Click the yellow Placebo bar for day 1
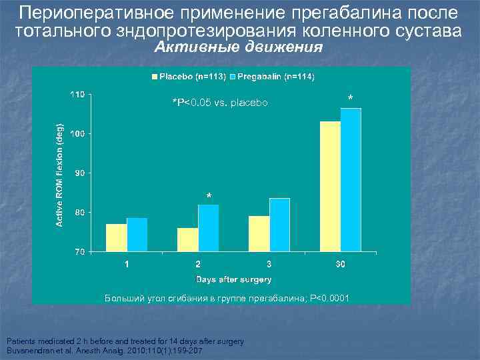[116, 238]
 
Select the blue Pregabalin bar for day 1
[137, 235]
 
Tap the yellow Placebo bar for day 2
[188, 240]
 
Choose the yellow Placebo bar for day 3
[259, 234]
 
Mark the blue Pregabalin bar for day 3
[280, 225]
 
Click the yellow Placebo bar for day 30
[330, 187]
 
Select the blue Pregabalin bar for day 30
[351, 180]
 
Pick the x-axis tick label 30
[340, 265]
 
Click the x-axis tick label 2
[198, 265]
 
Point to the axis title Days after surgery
[233, 279]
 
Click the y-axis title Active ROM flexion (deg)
[59, 173]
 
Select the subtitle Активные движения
[239, 48]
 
